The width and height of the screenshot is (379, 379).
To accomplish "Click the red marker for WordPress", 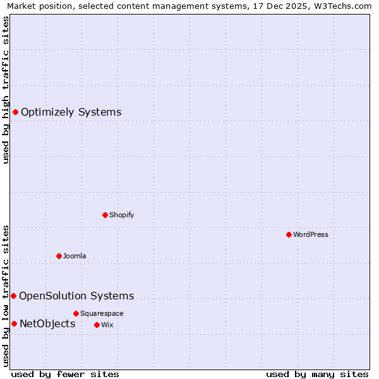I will point(289,234).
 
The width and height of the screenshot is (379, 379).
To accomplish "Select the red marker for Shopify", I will point(105,215).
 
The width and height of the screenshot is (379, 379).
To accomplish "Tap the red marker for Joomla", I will point(59,256).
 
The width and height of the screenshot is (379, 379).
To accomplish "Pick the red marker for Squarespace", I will point(76,313).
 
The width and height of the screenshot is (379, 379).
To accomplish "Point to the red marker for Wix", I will point(97,325).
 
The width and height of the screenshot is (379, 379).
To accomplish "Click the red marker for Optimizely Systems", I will point(15,112).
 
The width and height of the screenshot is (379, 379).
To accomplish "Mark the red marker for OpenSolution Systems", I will point(13,296).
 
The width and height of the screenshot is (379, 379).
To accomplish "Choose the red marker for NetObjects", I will point(14,324).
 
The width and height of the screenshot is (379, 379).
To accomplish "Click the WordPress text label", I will point(311,234).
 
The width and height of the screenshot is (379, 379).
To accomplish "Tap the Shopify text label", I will point(122,215).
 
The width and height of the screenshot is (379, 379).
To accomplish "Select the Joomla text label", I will point(75,256).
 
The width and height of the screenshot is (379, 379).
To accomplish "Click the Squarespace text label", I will point(102,313).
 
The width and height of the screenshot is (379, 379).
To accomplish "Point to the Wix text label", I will point(107,325).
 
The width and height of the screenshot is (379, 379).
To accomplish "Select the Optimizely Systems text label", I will point(71,112).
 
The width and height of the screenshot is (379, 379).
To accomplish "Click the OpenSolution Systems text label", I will point(76,296).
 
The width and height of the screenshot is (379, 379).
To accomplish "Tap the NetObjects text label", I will point(47,324).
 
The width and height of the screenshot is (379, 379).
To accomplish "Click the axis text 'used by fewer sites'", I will point(65,374).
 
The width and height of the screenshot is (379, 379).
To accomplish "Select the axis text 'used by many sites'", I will point(317,374).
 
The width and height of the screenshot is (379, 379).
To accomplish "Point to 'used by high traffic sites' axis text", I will point(6,90).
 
